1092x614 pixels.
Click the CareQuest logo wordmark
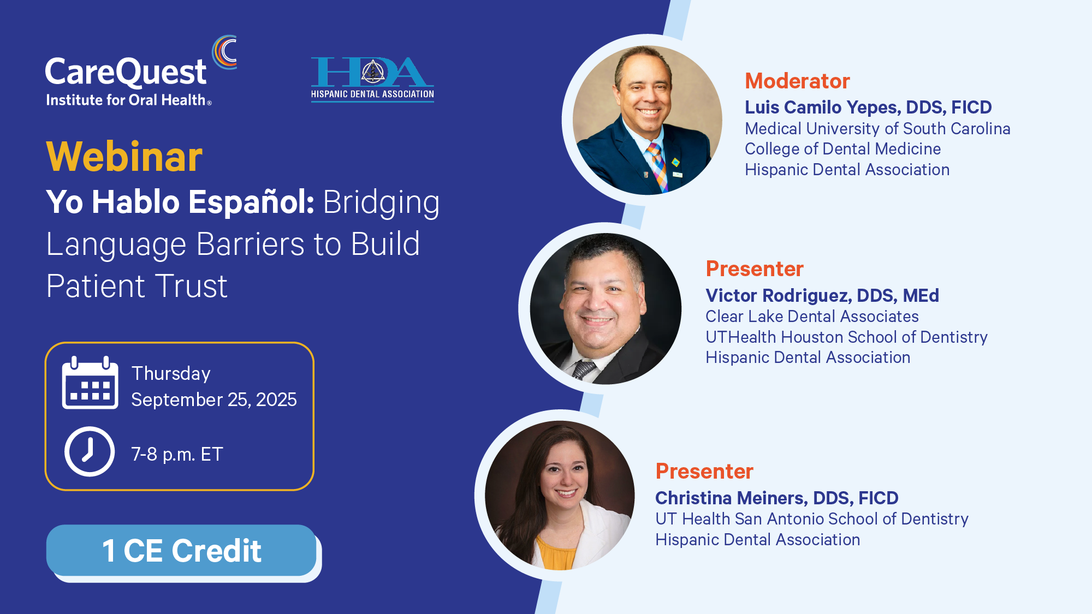pyautogui.click(x=126, y=72)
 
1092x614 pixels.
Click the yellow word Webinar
pyautogui.click(x=124, y=157)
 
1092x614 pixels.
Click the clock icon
pyautogui.click(x=90, y=451)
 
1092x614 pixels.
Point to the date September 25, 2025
pyautogui.click(x=214, y=400)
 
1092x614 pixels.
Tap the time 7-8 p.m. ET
pyautogui.click(x=177, y=454)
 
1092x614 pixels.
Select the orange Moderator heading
pyautogui.click(x=797, y=81)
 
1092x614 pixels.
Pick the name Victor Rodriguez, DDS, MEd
pyautogui.click(x=822, y=295)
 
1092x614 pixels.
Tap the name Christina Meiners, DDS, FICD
pyautogui.click(x=777, y=498)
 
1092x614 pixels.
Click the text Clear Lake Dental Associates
pyautogui.click(x=812, y=317)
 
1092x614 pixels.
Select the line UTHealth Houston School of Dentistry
pyautogui.click(x=846, y=337)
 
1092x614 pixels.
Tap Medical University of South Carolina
pyautogui.click(x=877, y=129)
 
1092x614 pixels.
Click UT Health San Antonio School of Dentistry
pyautogui.click(x=812, y=519)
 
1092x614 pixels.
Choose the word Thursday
pyautogui.click(x=171, y=374)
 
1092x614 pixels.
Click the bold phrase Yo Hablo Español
pyautogui.click(x=180, y=202)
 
